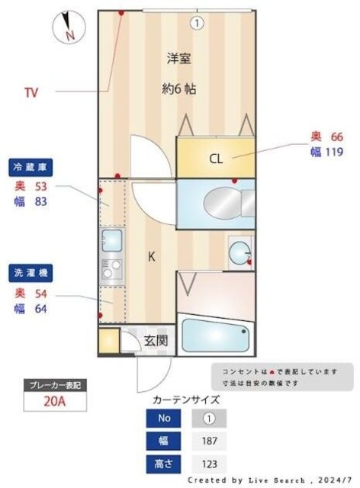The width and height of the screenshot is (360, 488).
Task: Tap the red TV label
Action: point(31,93)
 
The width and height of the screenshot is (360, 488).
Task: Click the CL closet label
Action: point(216,159)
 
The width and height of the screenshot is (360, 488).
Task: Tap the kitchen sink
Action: point(111,241)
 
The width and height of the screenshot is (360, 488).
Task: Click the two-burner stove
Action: point(111,269)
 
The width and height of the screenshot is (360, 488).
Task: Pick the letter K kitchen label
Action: point(152,257)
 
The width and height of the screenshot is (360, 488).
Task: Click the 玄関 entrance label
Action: point(156,341)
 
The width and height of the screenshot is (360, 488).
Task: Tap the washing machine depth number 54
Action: point(40,294)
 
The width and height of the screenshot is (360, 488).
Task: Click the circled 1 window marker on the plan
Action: point(198,23)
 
